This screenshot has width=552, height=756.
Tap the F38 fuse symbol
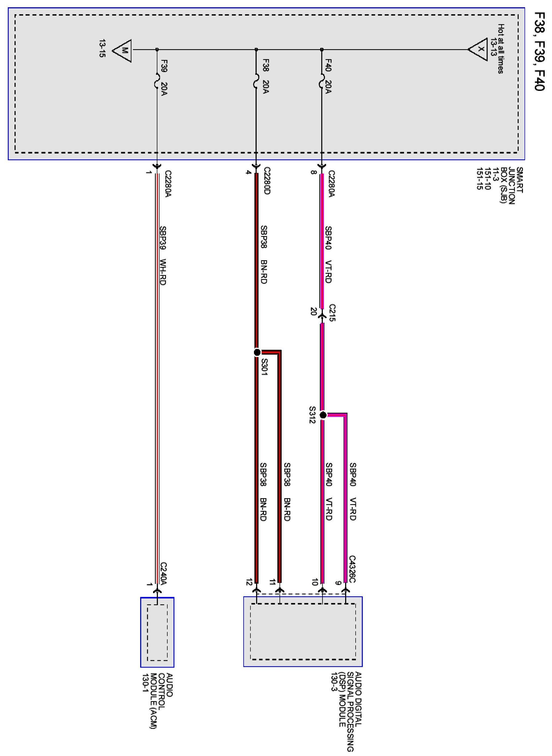pyautogui.click(x=256, y=81)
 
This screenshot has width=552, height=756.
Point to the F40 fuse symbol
pyautogui.click(x=321, y=81)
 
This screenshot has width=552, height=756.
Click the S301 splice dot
pyautogui.click(x=257, y=352)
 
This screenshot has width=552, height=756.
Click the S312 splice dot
pyautogui.click(x=323, y=415)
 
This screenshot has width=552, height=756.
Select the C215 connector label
pyautogui.click(x=332, y=313)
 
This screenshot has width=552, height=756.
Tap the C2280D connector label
pyautogui.click(x=267, y=181)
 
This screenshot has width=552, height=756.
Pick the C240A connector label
pyautogui.click(x=163, y=574)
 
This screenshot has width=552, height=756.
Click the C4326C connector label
pyautogui.click(x=352, y=569)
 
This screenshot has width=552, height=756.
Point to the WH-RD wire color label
pyautogui.click(x=163, y=272)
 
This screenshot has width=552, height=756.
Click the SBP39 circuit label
pyautogui.click(x=163, y=238)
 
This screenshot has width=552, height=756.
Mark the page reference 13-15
pyautogui.click(x=102, y=48)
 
